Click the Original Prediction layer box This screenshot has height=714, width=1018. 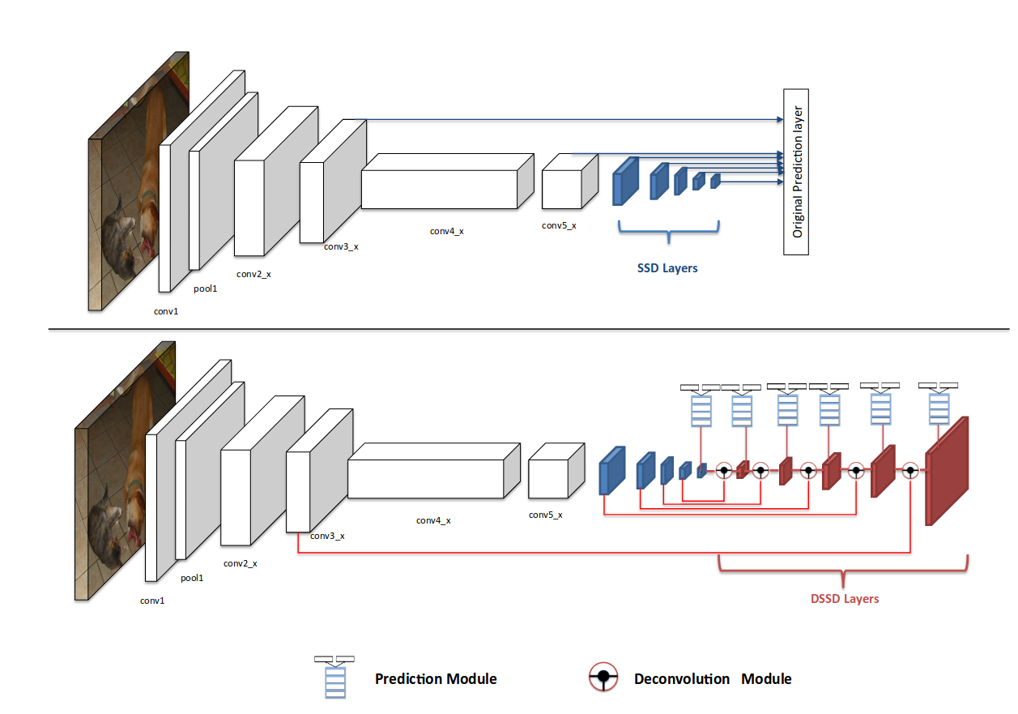point(796,171)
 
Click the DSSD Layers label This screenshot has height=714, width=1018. point(845,599)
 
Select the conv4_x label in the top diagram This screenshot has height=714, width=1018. point(446,231)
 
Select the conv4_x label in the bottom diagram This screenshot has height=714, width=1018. point(433,520)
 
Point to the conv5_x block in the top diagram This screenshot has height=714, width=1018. point(561,186)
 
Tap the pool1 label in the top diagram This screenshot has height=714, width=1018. point(205,289)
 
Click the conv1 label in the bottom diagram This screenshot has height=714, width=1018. point(152,601)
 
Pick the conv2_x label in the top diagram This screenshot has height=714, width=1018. point(253,274)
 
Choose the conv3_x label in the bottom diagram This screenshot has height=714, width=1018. point(327,536)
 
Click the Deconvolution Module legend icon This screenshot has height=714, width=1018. point(603,678)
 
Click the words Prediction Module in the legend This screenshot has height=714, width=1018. point(436,678)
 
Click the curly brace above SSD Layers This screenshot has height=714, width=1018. point(668,233)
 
